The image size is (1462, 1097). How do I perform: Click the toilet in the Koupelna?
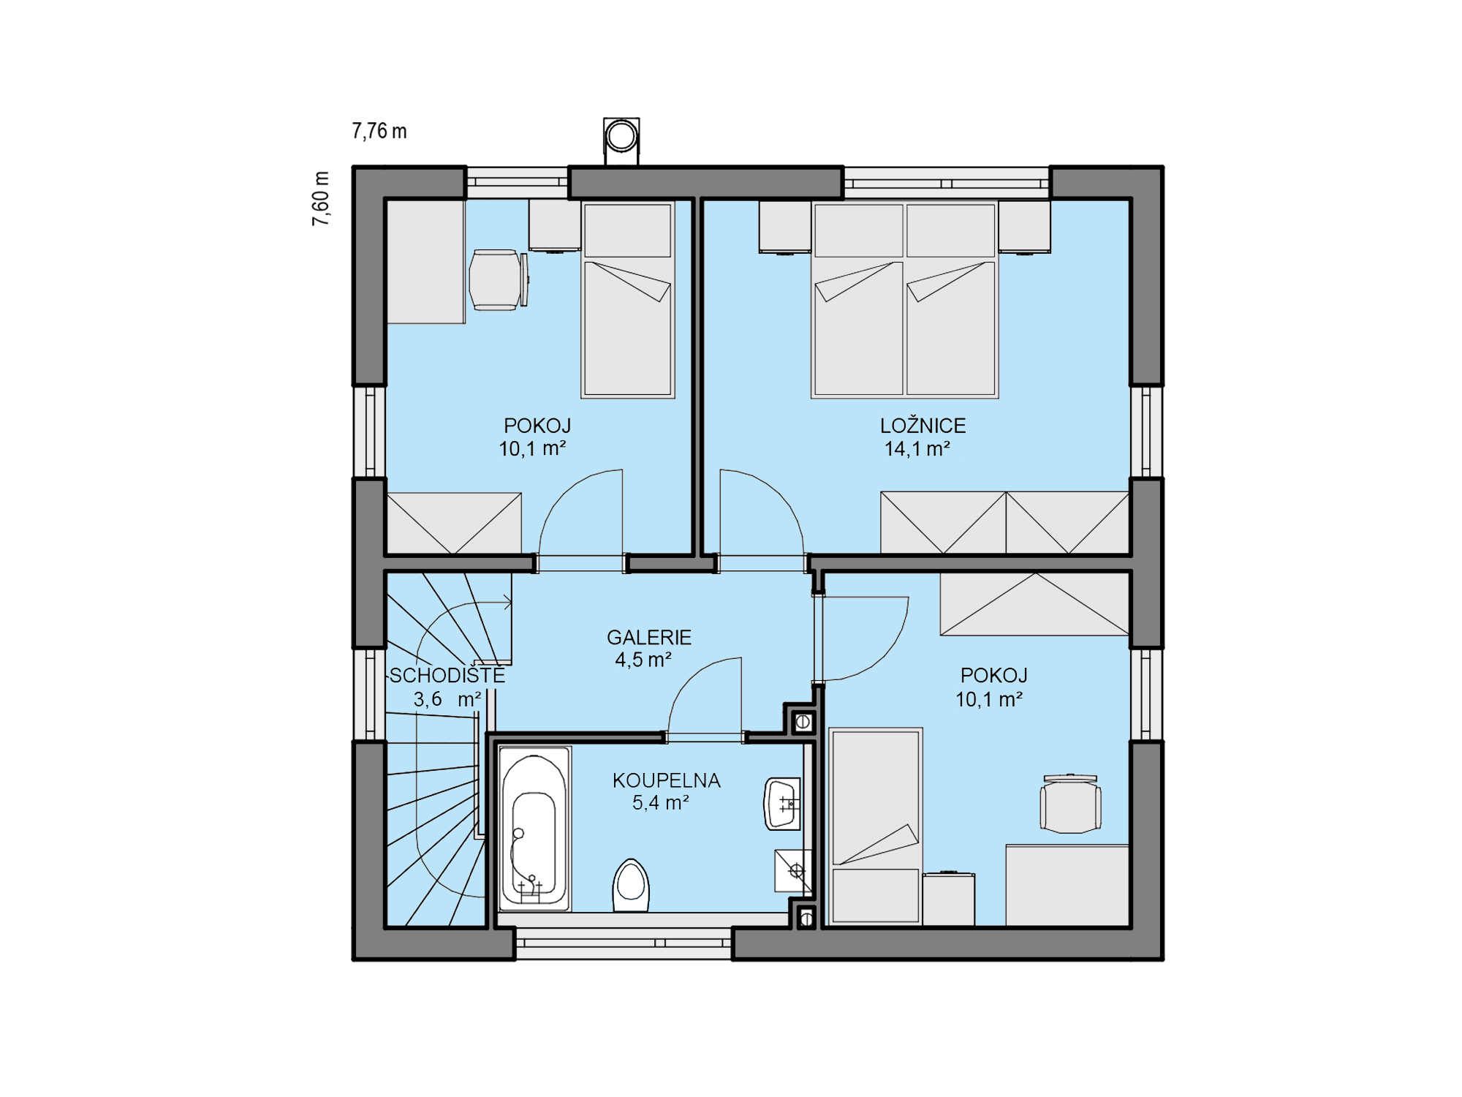click(x=631, y=886)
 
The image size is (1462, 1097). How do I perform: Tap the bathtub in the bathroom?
click(x=534, y=829)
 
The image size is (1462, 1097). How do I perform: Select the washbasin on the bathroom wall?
click(x=782, y=804)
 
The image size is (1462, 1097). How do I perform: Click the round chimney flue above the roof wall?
click(x=621, y=135)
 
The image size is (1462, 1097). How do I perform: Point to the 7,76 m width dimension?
click(x=379, y=131)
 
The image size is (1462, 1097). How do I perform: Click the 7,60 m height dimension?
click(x=321, y=198)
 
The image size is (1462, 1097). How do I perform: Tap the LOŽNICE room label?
click(x=923, y=426)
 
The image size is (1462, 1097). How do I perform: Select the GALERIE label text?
click(x=649, y=638)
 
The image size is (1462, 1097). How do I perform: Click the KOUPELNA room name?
click(x=667, y=780)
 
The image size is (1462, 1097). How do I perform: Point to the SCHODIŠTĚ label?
click(x=447, y=675)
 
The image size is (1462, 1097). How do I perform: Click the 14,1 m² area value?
click(x=917, y=449)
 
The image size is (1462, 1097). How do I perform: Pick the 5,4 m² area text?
click(x=661, y=803)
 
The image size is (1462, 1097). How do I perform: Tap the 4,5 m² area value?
click(x=643, y=660)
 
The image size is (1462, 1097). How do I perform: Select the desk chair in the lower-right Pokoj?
click(x=1071, y=804)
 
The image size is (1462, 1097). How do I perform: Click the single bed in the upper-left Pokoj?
click(x=628, y=300)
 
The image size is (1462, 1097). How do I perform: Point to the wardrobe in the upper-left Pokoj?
click(x=454, y=524)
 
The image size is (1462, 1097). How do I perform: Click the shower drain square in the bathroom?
click(x=793, y=871)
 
